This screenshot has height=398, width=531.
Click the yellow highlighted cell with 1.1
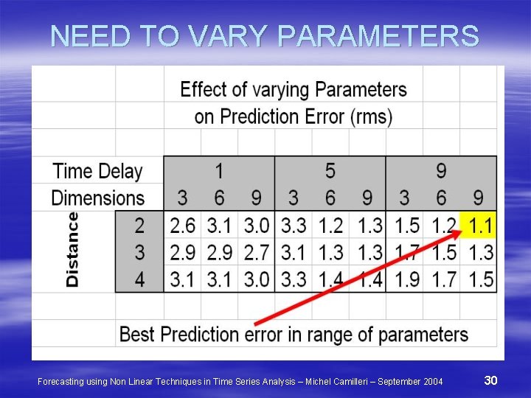click(x=478, y=225)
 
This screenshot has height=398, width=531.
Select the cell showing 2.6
click(x=183, y=225)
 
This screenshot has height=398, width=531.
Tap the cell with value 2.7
click(x=255, y=252)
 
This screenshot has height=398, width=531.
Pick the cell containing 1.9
click(x=403, y=279)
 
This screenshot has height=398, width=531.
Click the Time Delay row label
click(x=97, y=171)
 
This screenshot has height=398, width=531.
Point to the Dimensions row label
click(x=97, y=198)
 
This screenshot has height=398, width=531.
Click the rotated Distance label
click(x=73, y=249)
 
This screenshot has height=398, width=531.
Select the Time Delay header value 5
click(x=330, y=171)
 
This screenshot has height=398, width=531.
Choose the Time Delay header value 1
click(x=219, y=171)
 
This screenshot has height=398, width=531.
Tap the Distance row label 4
click(x=139, y=279)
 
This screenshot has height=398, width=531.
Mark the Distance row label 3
click(x=139, y=252)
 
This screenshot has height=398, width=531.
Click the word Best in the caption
click(x=137, y=334)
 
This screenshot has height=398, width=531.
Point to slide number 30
click(x=491, y=380)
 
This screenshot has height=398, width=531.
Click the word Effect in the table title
click(x=204, y=90)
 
